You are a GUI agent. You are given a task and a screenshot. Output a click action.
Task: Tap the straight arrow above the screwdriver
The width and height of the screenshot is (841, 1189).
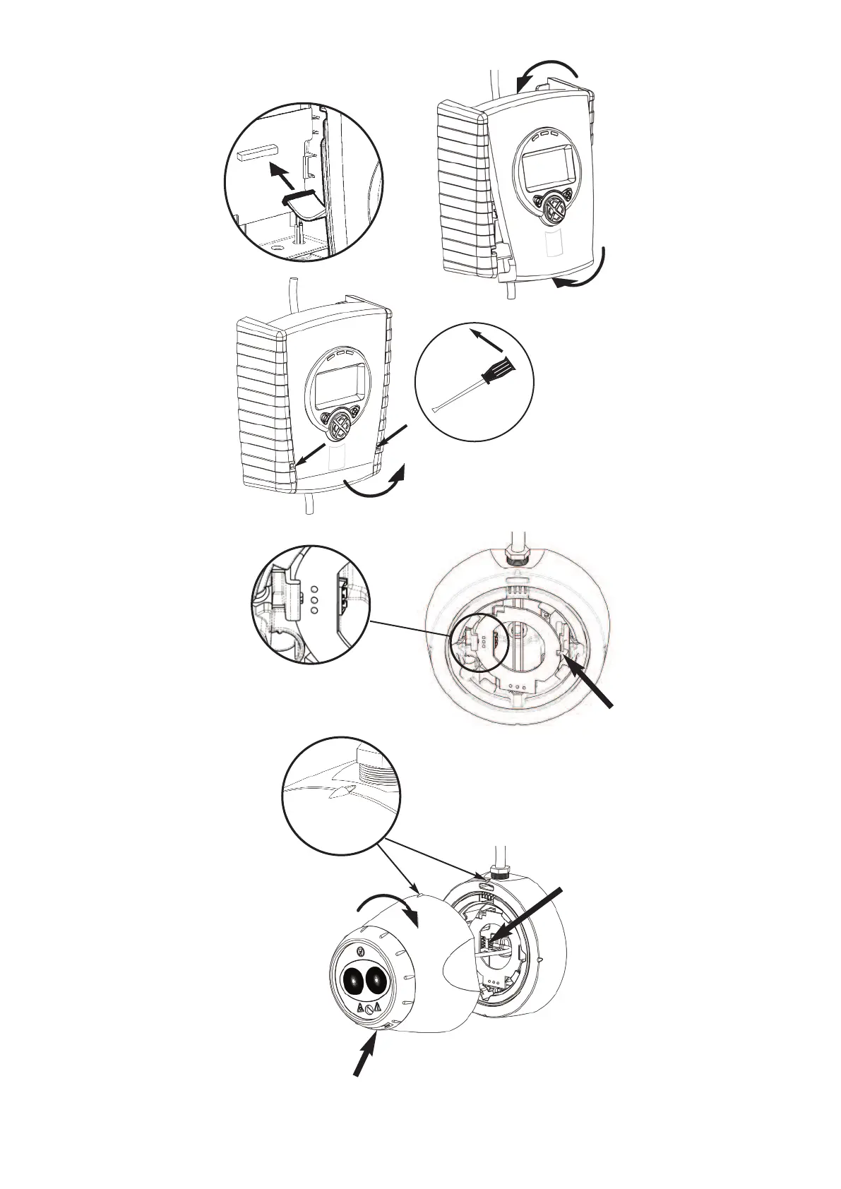click(x=487, y=338)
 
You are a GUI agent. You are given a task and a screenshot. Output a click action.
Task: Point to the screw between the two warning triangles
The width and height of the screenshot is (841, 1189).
click(x=369, y=1010)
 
